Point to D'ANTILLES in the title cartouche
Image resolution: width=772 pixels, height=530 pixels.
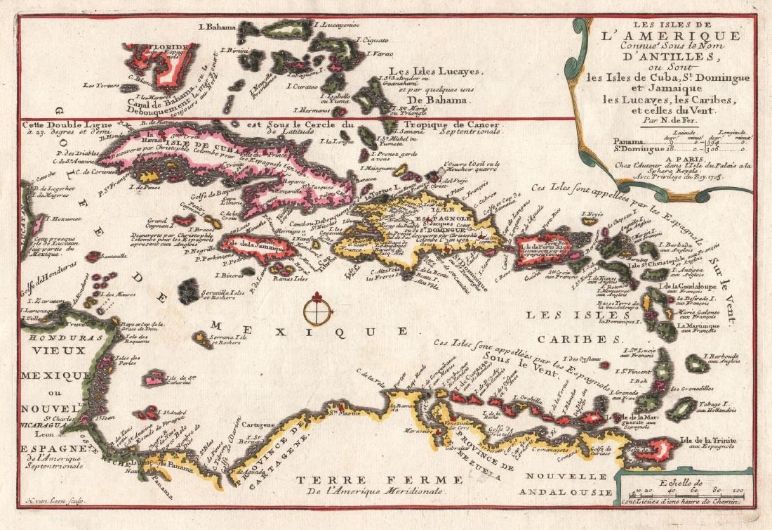coord(663,59)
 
